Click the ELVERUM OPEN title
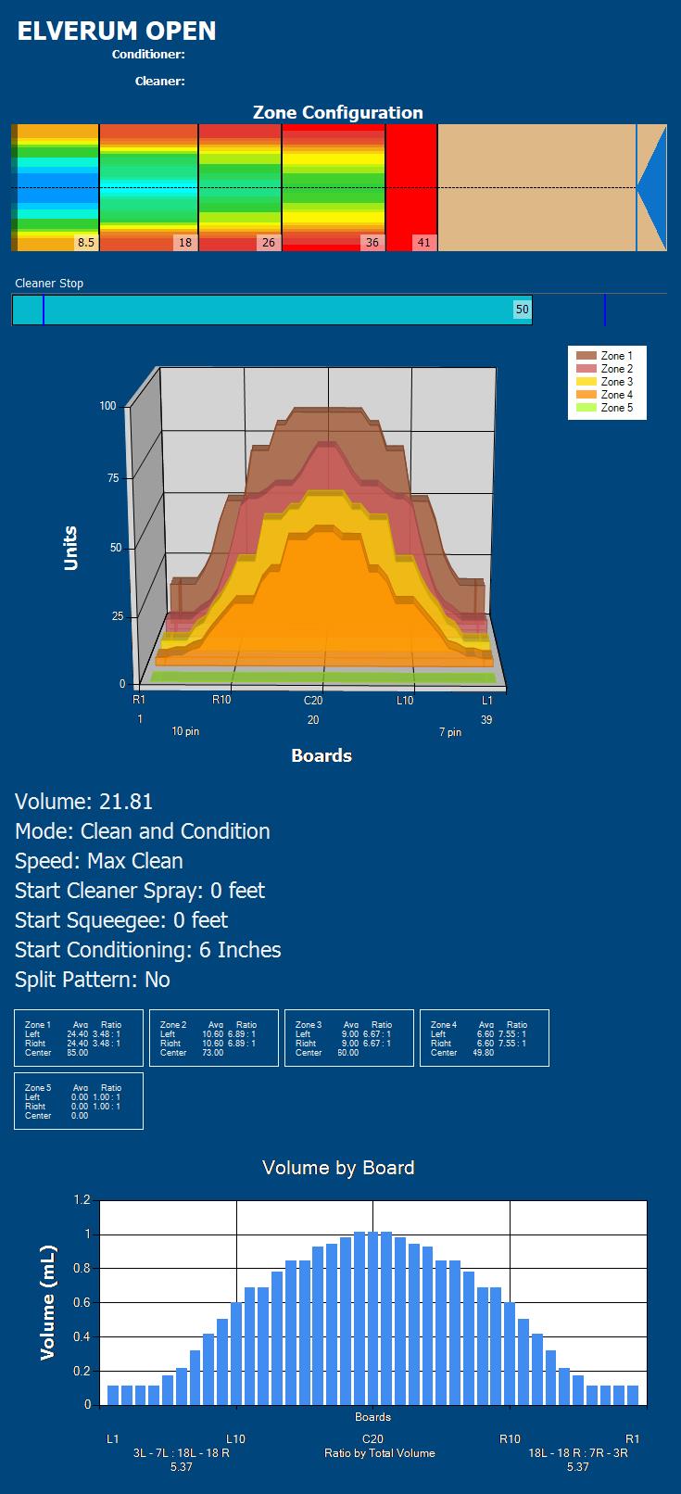[117, 32]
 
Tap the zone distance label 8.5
[85, 243]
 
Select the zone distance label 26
[268, 243]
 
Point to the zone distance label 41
[423, 243]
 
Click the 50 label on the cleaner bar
[523, 310]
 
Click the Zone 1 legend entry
[616, 356]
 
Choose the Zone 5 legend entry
[616, 408]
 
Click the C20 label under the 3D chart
[313, 701]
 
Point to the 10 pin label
[185, 732]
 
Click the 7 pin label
[449, 733]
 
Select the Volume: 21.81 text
[84, 802]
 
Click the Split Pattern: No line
[93, 980]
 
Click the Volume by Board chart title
[338, 1168]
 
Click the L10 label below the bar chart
[235, 1439]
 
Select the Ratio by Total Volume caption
[379, 1453]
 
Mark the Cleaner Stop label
[49, 284]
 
